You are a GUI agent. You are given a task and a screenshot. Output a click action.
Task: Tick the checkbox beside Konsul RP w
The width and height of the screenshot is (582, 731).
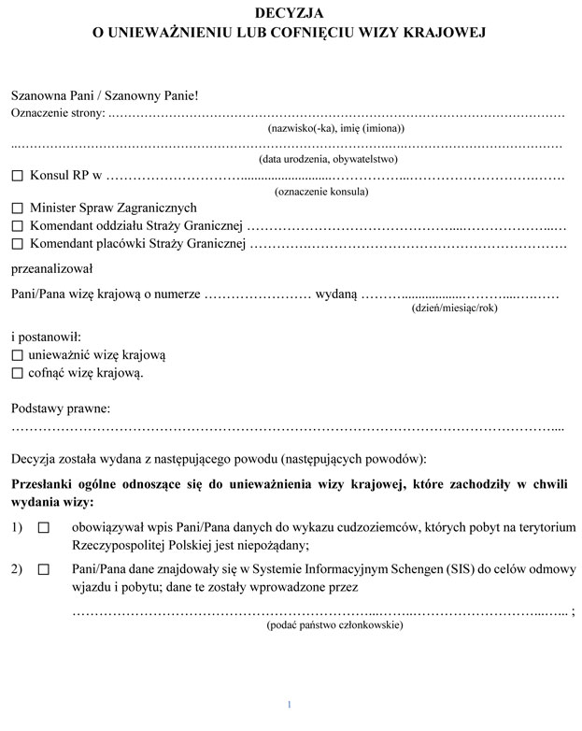17,176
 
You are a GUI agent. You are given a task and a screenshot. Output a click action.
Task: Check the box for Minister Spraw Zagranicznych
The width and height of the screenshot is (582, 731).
17,208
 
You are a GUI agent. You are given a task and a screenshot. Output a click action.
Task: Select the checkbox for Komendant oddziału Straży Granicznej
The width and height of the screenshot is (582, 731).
17,226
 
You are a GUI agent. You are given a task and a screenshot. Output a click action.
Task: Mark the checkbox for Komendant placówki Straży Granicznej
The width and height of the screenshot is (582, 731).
17,245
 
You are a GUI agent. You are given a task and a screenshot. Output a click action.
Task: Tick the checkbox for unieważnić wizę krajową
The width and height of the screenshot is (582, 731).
17,355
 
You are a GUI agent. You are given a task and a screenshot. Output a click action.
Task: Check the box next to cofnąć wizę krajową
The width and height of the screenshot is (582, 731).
17,373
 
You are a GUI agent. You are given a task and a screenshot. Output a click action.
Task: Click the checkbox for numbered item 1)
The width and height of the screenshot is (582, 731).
43,528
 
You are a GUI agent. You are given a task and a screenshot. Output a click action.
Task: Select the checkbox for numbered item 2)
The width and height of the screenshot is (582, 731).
43,568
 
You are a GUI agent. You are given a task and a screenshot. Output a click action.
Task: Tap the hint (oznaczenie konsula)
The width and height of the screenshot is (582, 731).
321,192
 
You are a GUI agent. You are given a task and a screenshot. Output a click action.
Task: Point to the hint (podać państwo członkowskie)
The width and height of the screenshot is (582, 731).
334,624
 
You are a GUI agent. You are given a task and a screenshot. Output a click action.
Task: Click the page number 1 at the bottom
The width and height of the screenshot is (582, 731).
290,704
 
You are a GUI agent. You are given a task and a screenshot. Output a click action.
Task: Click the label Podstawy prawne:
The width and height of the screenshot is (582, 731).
61,408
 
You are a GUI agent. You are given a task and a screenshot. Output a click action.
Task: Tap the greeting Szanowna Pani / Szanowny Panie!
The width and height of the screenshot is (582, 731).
105,95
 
